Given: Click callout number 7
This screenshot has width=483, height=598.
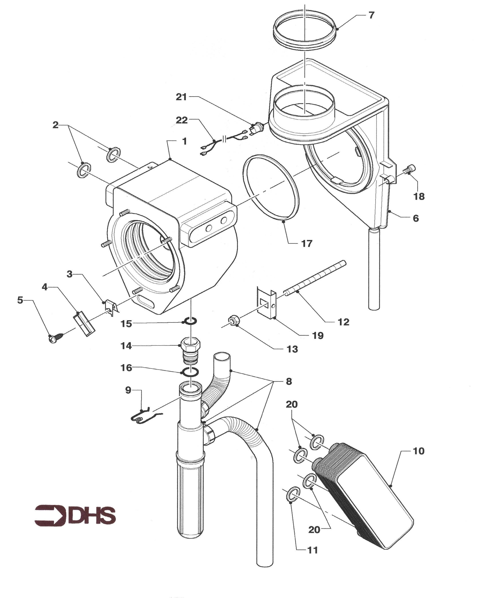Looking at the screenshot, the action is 371,15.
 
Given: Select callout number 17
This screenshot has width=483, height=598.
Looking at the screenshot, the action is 307,244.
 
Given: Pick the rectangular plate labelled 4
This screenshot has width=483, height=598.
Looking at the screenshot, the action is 84,324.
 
